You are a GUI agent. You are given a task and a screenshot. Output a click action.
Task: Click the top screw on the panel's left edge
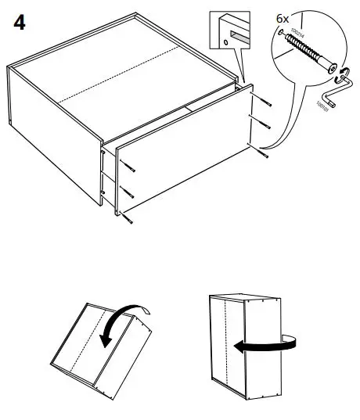coord(127,167)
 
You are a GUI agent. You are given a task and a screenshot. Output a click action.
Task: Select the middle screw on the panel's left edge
coord(127,193)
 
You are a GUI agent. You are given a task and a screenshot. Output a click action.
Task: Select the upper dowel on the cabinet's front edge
coord(104,165)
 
